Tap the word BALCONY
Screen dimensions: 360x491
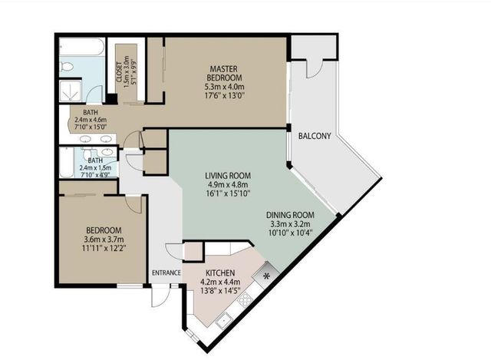[x=314, y=137]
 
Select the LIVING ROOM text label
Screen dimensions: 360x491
[x=228, y=176]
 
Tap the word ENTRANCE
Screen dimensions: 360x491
[x=166, y=272]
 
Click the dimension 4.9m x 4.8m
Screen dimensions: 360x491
[x=228, y=184]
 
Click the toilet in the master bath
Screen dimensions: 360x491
[x=67, y=68]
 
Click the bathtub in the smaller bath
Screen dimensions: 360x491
[x=68, y=163]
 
